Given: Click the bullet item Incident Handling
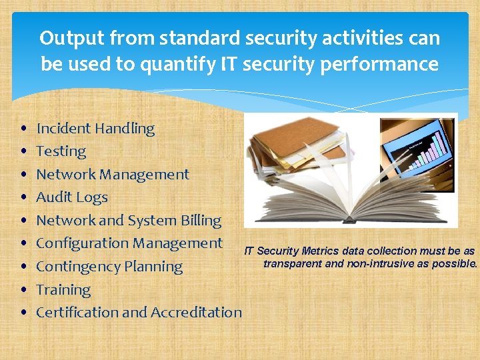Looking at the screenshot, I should click(95, 129).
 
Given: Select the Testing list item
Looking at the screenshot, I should click(61, 151).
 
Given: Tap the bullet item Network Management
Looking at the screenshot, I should click(112, 175).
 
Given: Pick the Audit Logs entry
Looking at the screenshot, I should click(71, 197).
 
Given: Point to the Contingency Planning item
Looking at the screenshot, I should click(109, 267).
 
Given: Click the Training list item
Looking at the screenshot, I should click(63, 290).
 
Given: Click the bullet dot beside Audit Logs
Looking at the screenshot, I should click(23, 198).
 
